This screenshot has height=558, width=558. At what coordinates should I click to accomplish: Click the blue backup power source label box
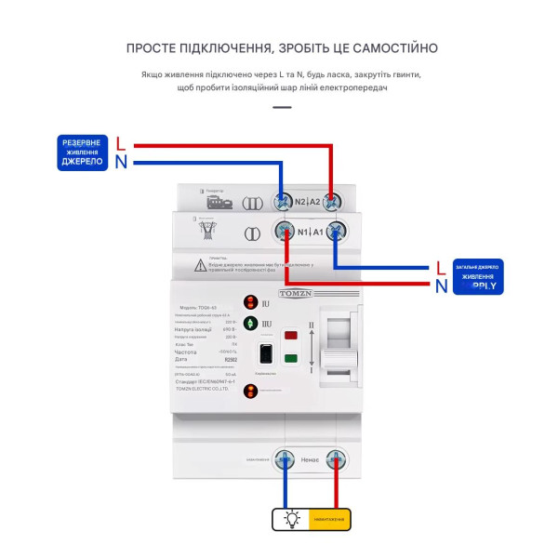(83, 153)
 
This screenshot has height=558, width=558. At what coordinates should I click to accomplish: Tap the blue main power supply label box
(478, 276)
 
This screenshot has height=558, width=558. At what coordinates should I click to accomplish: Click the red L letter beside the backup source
(121, 143)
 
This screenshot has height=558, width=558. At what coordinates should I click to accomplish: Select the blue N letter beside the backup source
(121, 163)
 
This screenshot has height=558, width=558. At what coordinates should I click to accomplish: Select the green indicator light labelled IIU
(250, 323)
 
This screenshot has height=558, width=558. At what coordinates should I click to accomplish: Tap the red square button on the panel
(290, 336)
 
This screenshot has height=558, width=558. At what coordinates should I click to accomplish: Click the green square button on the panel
(290, 358)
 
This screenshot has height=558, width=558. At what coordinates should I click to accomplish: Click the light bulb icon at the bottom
(292, 520)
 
